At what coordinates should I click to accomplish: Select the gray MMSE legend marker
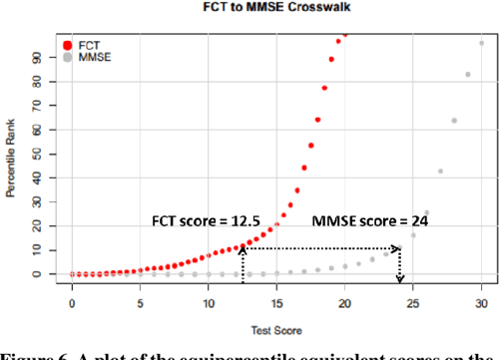tap(67, 58)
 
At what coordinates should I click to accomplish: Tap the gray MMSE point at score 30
tap(481, 43)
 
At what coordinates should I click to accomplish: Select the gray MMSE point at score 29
tap(467, 75)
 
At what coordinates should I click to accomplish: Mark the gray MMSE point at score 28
tap(454, 121)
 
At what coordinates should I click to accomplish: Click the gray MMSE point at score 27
tap(440, 172)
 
